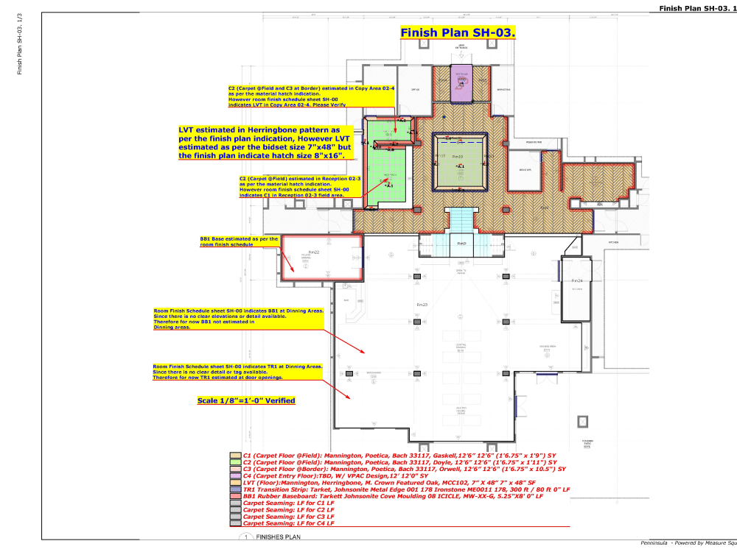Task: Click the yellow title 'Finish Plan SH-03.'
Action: tap(457, 33)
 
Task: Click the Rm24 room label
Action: tap(576, 281)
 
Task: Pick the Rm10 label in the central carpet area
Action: tap(457, 157)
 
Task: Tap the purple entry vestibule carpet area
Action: tap(461, 86)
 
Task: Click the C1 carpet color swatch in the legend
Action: tap(235, 456)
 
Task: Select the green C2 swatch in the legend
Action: tap(235, 462)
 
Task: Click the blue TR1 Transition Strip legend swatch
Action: tap(235, 489)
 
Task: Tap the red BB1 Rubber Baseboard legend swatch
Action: tap(235, 496)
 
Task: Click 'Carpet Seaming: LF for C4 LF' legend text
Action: tap(289, 523)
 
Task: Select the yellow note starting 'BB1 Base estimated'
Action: tap(239, 241)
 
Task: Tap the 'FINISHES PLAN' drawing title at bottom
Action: tap(277, 538)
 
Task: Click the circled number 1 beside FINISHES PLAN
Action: tap(243, 538)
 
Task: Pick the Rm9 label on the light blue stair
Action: tap(461, 244)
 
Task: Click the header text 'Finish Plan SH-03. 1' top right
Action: tap(691, 8)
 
